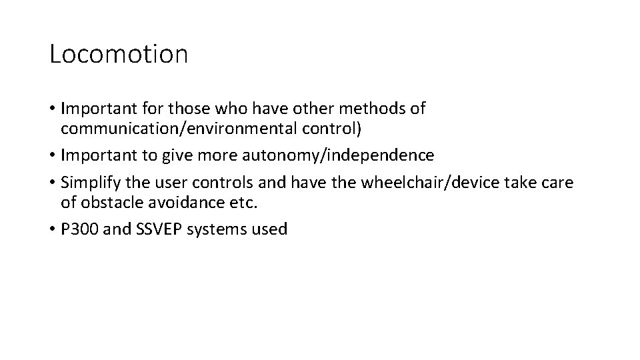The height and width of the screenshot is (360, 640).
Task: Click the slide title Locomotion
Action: [119, 54]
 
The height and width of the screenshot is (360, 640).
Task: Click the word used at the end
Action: [271, 230]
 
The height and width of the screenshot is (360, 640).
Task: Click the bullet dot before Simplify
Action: [53, 184]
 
